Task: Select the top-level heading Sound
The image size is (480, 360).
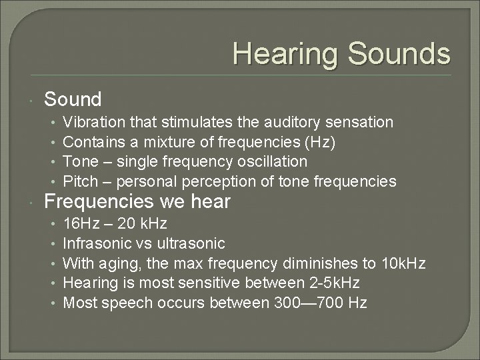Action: pos(73,100)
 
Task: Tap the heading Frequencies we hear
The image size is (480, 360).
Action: pos(137,201)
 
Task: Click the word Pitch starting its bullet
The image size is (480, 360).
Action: pos(78,182)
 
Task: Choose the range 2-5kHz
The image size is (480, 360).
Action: pos(339,283)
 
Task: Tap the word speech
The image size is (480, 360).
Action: pos(129,303)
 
